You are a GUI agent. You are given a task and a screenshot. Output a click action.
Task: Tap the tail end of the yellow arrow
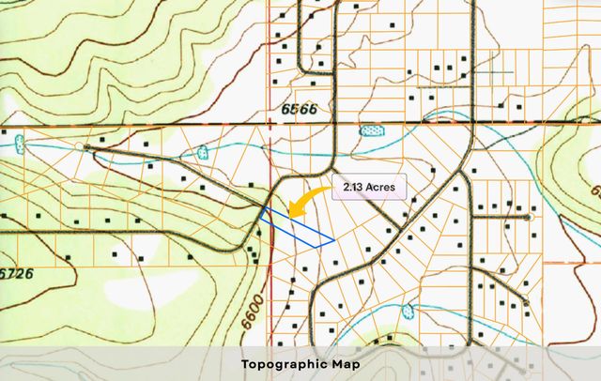tap(331, 190)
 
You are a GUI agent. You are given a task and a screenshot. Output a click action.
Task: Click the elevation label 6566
tap(299, 109)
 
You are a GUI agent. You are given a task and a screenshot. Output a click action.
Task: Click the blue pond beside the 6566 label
tap(373, 130)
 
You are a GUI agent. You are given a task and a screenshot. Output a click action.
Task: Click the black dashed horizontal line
tap(141, 125)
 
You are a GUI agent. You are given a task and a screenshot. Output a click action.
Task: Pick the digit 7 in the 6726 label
tap(13, 272)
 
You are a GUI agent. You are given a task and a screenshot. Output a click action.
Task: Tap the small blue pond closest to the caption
tap(408, 312)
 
